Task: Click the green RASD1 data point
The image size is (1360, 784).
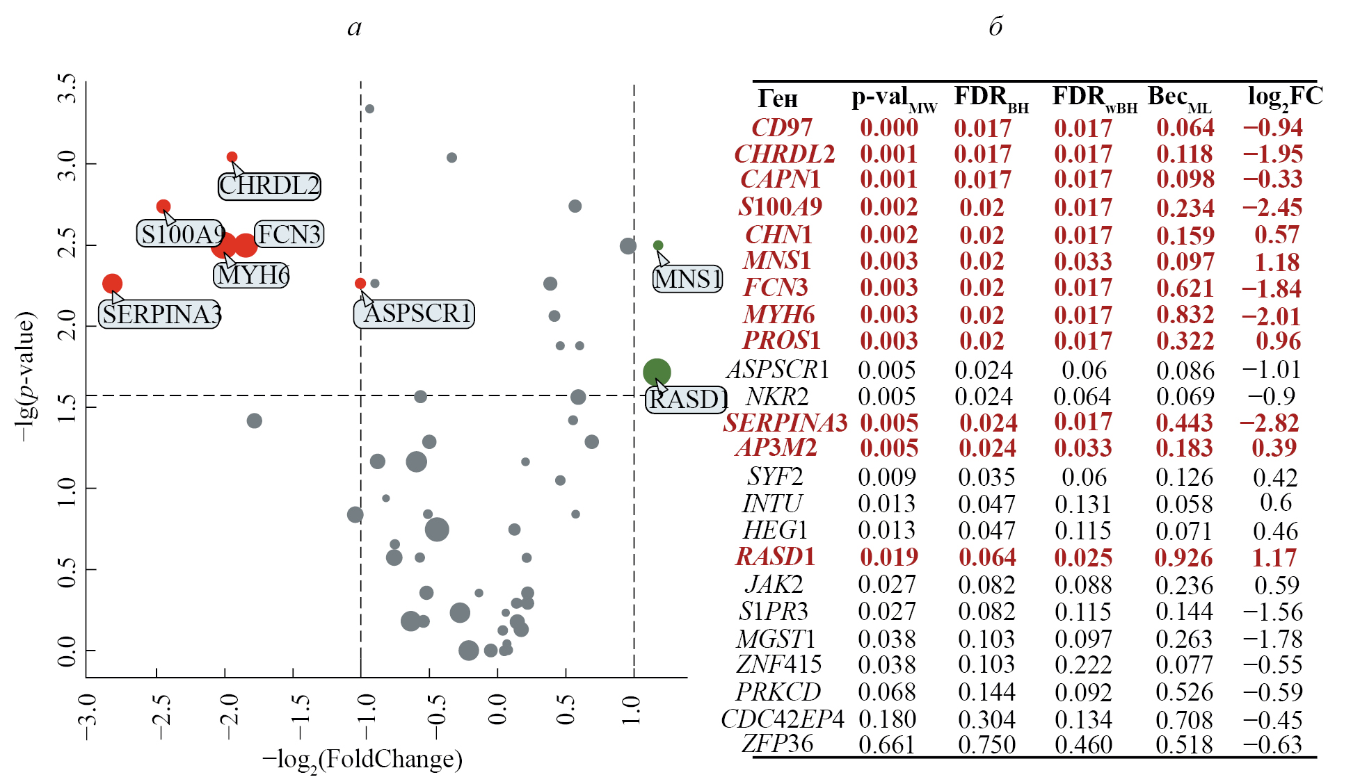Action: pos(657,372)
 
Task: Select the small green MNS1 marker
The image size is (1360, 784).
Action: pos(658,245)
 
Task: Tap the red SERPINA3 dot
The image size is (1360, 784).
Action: pos(112,284)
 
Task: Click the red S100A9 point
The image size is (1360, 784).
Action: pos(163,206)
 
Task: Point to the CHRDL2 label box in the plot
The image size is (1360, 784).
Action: pos(269,186)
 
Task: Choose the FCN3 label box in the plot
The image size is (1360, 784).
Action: pos(289,234)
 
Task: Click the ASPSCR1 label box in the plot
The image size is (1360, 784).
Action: pos(415,313)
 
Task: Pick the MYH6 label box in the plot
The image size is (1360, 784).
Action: pos(252,275)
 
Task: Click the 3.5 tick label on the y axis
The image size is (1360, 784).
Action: pos(67,88)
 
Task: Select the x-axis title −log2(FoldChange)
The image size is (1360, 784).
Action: pos(362,760)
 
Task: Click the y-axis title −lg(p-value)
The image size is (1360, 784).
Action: pos(25,376)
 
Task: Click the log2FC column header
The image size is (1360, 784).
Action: pos(1285,97)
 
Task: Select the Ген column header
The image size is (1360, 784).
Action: pos(777,99)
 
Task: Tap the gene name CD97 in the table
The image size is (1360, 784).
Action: pos(781,128)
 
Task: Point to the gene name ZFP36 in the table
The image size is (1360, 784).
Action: pos(777,744)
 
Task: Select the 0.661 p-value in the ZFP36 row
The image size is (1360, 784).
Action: pos(887,745)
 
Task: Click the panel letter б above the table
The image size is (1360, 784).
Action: pos(995,27)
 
